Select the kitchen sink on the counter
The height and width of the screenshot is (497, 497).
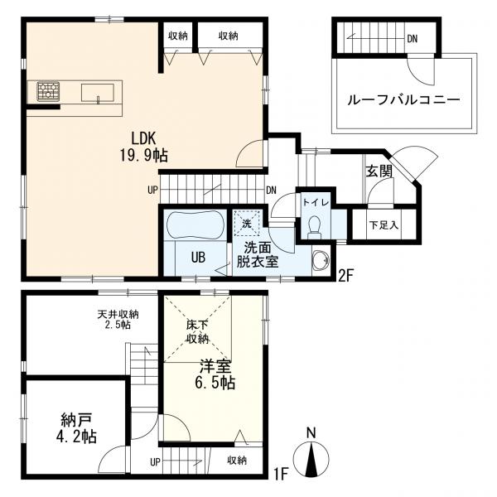pos(98,90)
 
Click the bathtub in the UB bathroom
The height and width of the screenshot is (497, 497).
pos(195,225)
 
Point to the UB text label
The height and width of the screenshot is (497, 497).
pos(199,257)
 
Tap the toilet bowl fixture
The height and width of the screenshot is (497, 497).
pos(314,227)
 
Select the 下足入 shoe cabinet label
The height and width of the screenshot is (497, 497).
pos(384,224)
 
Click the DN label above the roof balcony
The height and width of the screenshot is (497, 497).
pos(412,38)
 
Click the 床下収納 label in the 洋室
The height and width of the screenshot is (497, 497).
pos(196,331)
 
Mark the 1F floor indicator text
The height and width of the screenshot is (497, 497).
pos(281,475)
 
